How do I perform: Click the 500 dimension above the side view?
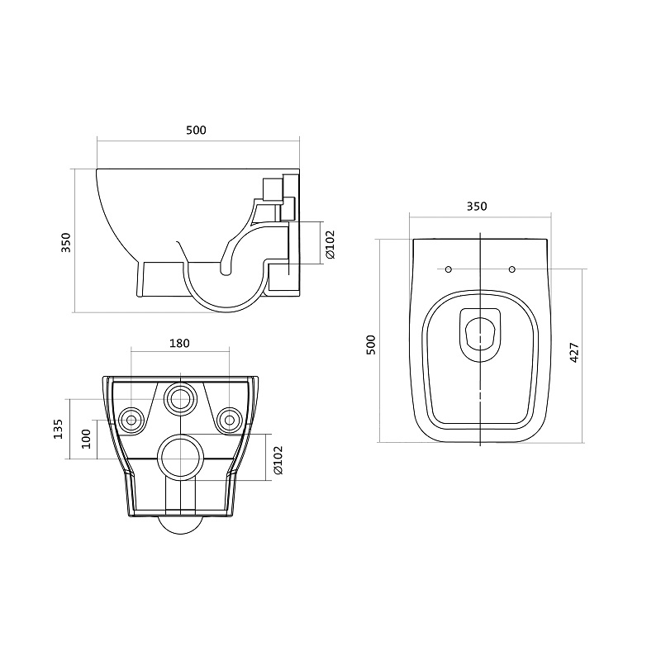pyautogui.click(x=197, y=131)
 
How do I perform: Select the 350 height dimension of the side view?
pyautogui.click(x=66, y=242)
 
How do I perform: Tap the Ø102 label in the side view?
pyautogui.click(x=330, y=244)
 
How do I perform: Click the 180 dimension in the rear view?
pyautogui.click(x=179, y=344)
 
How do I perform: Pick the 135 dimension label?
pyautogui.click(x=58, y=429)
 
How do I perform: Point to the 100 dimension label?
pyautogui.click(x=86, y=439)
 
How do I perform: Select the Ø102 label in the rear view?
pyautogui.click(x=278, y=460)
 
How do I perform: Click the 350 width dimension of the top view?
pyautogui.click(x=477, y=207)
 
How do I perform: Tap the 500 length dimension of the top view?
pyautogui.click(x=370, y=345)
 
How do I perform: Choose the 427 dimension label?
pyautogui.click(x=574, y=354)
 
